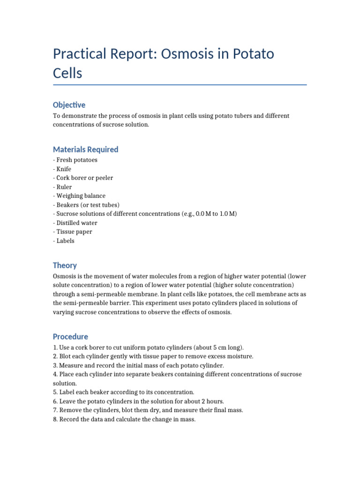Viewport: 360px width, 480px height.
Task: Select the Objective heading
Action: [x=69, y=105]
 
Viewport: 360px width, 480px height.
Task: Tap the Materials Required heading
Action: [x=85, y=150]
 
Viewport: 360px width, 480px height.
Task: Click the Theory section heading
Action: [x=65, y=265]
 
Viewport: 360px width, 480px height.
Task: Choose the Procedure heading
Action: [x=70, y=337]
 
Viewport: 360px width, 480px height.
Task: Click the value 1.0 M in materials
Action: [x=227, y=214]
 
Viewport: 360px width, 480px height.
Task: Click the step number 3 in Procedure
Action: [x=55, y=365]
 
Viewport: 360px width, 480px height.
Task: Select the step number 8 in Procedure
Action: [x=55, y=420]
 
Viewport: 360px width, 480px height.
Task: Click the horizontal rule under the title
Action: [x=180, y=85]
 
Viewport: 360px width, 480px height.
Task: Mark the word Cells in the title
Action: [x=67, y=74]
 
